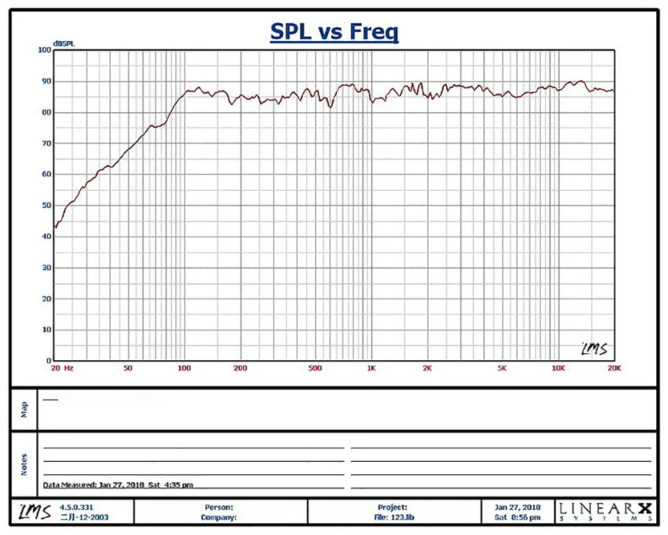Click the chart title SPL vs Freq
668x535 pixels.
click(334, 32)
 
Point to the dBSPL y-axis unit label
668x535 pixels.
click(64, 43)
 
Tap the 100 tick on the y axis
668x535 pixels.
click(45, 50)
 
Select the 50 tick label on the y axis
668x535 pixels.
click(47, 206)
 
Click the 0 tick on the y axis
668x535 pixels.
click(49, 361)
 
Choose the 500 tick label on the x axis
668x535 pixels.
click(315, 367)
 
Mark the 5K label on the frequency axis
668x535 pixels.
click(502, 367)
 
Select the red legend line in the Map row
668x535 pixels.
click(50, 400)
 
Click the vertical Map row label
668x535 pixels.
click(24, 409)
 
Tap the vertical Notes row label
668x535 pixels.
click(24, 465)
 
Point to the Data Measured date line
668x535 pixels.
click(118, 485)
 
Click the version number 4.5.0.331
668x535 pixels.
click(77, 508)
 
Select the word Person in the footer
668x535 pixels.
click(218, 508)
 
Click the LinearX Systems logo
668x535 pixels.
click(605, 513)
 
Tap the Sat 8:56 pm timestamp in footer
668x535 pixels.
click(517, 518)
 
